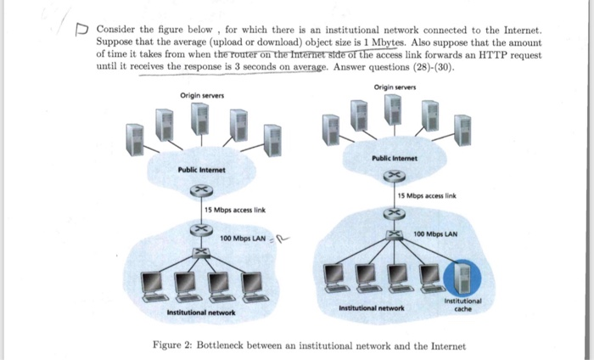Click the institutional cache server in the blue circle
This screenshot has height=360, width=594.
pyautogui.click(x=460, y=273)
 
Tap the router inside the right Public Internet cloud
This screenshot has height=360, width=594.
pyautogui.click(x=394, y=177)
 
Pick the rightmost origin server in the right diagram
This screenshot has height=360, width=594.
pyautogui.click(x=462, y=126)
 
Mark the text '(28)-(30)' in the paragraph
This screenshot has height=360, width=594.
pyautogui.click(x=430, y=65)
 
